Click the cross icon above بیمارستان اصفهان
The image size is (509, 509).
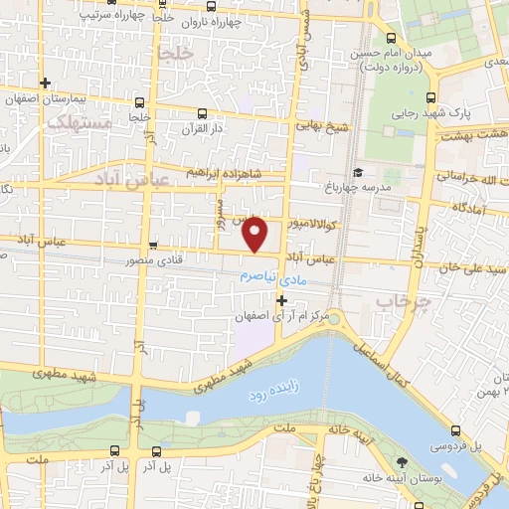(44, 83)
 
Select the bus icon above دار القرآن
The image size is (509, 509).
(203, 112)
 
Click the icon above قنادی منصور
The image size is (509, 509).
(153, 246)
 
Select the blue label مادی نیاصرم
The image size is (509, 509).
(281, 277)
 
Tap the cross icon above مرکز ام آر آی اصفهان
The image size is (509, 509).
(282, 299)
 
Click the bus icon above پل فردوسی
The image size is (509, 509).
(455, 430)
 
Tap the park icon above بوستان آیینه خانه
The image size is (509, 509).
(402, 463)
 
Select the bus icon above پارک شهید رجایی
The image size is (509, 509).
(430, 97)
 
